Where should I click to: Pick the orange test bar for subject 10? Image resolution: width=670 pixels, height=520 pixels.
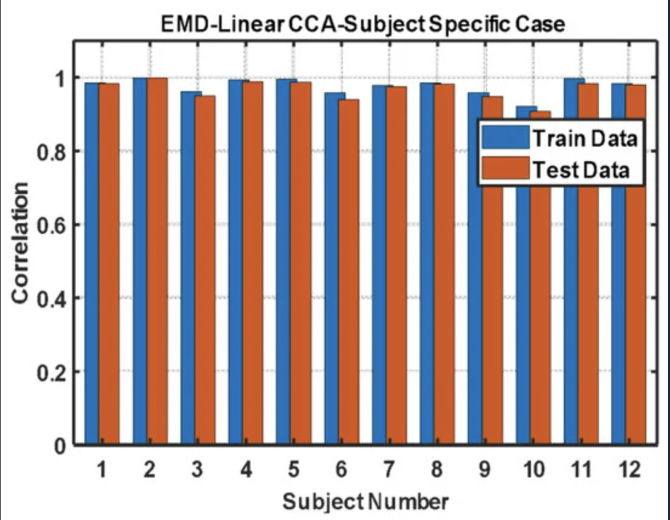(540, 303)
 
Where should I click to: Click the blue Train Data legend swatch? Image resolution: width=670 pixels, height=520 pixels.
(505, 138)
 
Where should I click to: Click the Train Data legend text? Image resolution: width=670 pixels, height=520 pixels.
(585, 138)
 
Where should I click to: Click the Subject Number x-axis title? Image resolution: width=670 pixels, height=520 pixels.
(365, 502)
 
